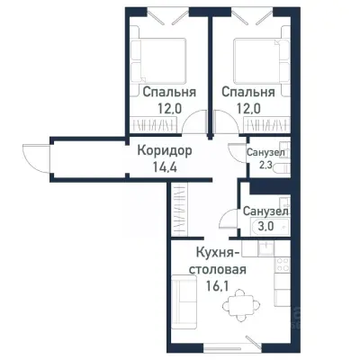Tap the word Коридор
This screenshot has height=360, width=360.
pos(166,151)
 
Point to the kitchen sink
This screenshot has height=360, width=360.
pos(281,292)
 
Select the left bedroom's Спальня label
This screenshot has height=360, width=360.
pos(165,91)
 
